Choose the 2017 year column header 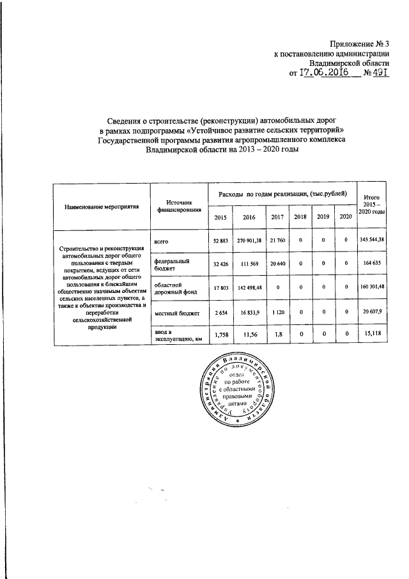(277, 217)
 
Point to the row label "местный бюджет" (176, 313)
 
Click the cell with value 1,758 (220, 335)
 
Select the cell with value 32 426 (220, 264)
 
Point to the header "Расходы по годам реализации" (283, 193)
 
